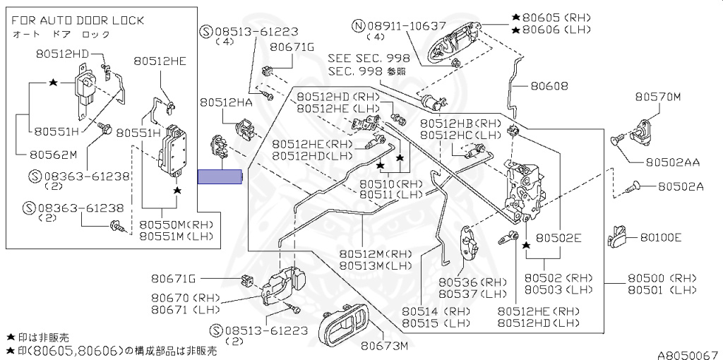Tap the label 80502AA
click(x=672, y=162)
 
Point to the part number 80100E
click(x=661, y=238)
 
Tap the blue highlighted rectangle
click(x=220, y=177)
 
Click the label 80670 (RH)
click(x=181, y=298)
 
